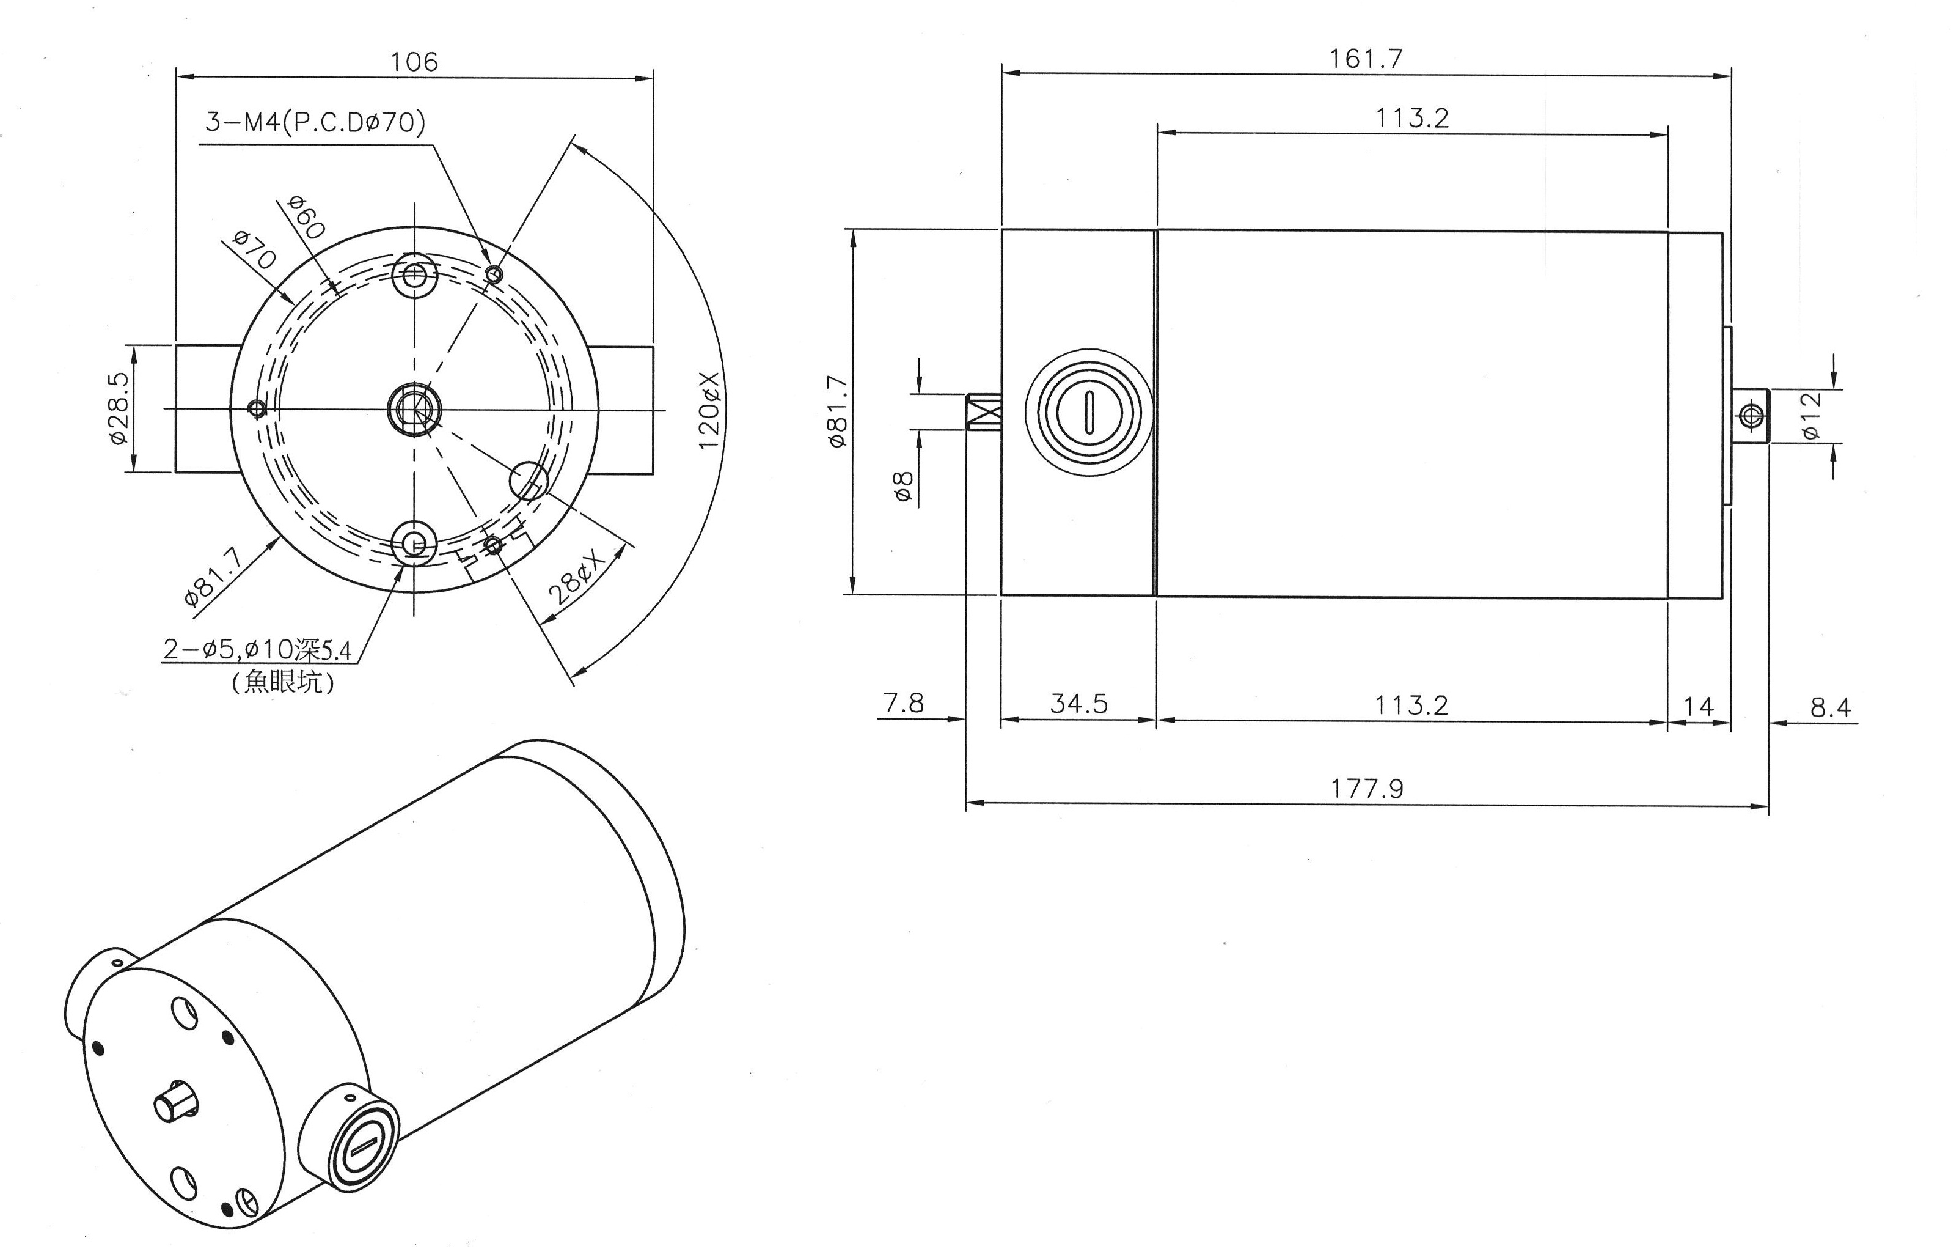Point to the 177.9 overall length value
pos(1366,788)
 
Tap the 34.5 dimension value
pos(1078,704)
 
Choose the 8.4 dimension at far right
pos(1830,707)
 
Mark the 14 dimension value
pos(1698,707)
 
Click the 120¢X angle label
pos(708,410)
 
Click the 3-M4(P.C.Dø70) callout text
pos(315,123)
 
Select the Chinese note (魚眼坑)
pos(284,682)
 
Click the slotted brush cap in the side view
pos(1089,411)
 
